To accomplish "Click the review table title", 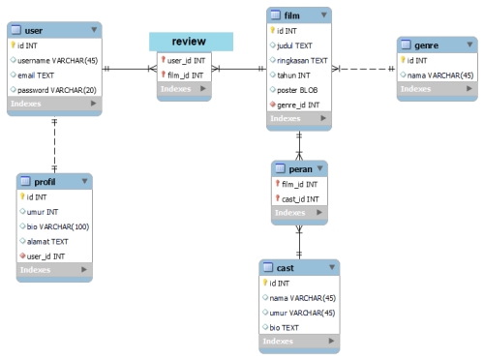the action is coord(189,42).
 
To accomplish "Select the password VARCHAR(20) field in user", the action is coord(57,90).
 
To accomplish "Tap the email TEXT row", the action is coord(36,75).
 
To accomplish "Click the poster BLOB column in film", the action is coord(297,90).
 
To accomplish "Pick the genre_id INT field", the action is coord(298,105).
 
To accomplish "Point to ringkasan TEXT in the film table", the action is coord(302,60).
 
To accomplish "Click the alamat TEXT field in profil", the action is coord(47,241).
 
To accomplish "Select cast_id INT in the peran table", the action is coord(300,199).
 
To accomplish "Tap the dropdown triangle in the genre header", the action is coord(469,45).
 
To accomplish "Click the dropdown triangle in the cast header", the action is coord(332,267).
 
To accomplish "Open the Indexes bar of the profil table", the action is coord(54,270).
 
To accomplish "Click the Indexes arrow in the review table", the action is coord(203,88).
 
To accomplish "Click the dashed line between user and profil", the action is coord(54,145).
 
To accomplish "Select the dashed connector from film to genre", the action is coord(364,69).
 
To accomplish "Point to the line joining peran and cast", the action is coord(299,242).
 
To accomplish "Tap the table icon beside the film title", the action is coord(275,15).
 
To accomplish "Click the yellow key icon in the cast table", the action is coord(265,283).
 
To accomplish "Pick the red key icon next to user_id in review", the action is coord(164,60).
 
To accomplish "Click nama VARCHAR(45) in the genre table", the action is coord(440,75).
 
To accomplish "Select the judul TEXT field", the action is coord(294,45).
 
